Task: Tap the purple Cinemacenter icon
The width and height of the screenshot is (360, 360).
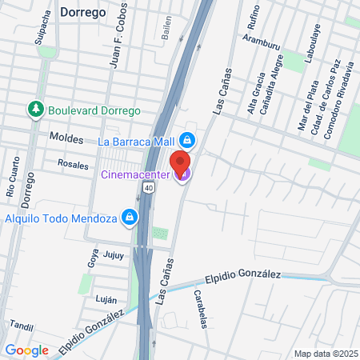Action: pyautogui.click(x=183, y=174)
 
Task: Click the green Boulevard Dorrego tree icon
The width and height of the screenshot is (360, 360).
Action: pyautogui.click(x=35, y=110)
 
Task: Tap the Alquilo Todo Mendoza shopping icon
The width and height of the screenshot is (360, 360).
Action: pyautogui.click(x=128, y=217)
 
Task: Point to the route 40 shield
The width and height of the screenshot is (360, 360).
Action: pyautogui.click(x=149, y=186)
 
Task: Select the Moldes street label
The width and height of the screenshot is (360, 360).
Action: pyautogui.click(x=66, y=138)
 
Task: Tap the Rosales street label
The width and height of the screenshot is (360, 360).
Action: pyautogui.click(x=73, y=163)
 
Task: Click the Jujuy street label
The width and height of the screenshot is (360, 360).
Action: pyautogui.click(x=114, y=255)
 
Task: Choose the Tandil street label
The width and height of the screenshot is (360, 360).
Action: pyautogui.click(x=20, y=326)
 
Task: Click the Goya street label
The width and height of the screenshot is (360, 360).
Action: pyautogui.click(x=90, y=257)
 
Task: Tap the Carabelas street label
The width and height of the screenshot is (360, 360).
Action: pyautogui.click(x=200, y=309)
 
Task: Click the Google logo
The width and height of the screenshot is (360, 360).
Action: pyautogui.click(x=27, y=350)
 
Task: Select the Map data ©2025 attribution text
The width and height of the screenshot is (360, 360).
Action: pyautogui.click(x=324, y=354)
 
